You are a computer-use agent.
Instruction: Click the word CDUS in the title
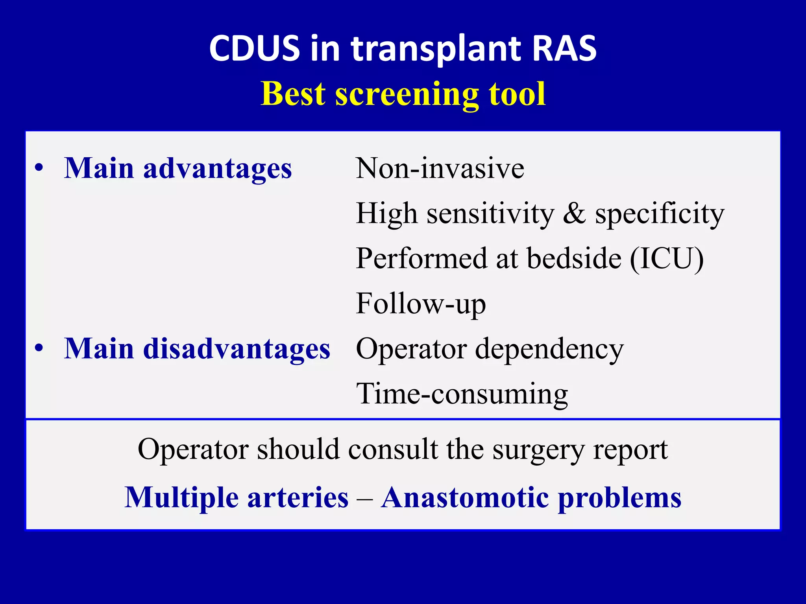254,49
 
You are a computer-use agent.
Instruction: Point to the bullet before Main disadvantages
39,348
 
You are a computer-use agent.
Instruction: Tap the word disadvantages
236,349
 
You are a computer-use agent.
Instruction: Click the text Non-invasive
440,169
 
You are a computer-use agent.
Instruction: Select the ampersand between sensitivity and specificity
574,214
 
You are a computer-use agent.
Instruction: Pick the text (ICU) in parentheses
667,259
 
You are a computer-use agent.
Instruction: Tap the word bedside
574,259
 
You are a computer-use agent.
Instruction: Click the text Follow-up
421,304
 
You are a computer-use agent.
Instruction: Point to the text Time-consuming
462,394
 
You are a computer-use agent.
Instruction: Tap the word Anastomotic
465,498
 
